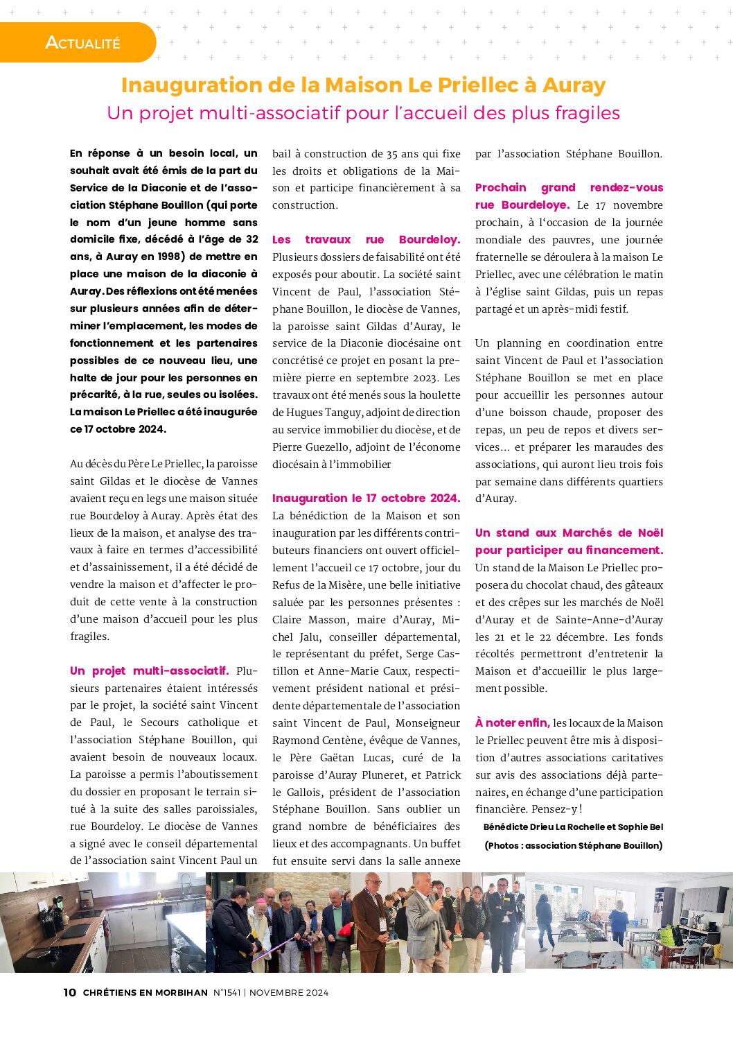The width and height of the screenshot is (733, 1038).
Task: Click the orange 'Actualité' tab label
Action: [x=82, y=42]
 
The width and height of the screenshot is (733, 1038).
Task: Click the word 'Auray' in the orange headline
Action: [x=574, y=85]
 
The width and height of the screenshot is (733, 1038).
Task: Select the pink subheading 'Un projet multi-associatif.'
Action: [x=149, y=671]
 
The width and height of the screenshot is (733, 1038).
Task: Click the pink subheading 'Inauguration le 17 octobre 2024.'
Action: [x=366, y=498]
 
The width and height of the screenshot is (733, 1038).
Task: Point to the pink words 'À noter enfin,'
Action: [x=512, y=723]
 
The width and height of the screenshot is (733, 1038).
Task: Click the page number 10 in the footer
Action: [x=69, y=992]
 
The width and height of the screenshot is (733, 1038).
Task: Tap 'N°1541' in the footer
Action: [x=227, y=992]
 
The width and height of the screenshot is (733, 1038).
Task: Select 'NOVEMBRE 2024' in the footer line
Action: [x=289, y=992]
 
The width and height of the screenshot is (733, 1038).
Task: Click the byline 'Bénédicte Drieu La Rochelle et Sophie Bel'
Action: [x=573, y=827]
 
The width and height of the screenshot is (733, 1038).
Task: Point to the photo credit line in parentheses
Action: [x=573, y=845]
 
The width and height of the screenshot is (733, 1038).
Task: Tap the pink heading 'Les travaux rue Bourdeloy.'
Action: [x=366, y=239]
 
